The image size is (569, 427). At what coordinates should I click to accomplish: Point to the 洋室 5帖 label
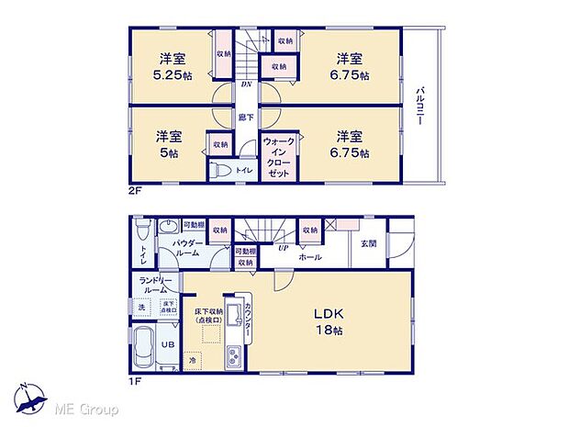point(168,144)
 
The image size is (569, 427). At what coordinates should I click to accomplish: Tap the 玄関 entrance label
point(368,243)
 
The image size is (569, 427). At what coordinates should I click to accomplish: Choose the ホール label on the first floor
point(310,257)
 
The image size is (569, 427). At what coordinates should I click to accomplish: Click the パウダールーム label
point(189,248)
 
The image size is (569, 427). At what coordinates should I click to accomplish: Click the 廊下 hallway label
point(246,118)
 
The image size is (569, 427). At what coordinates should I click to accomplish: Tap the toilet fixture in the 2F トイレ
point(221,169)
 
